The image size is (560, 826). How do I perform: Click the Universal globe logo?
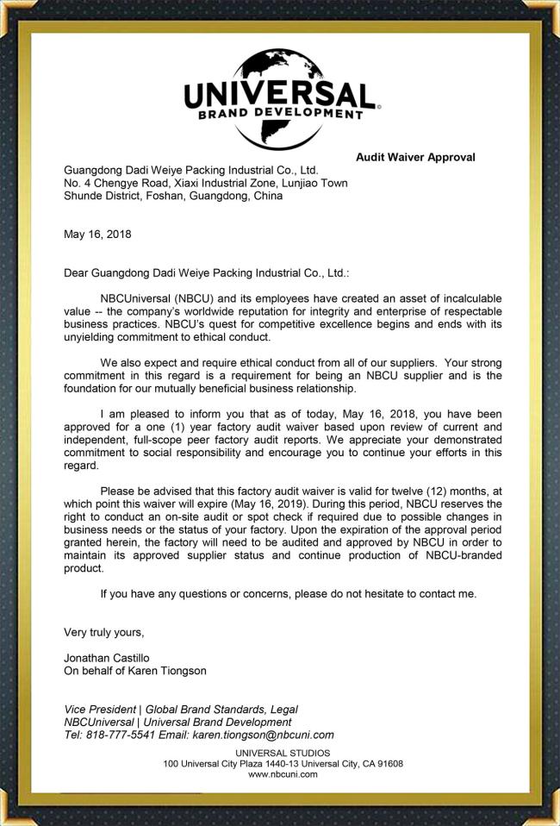(280, 97)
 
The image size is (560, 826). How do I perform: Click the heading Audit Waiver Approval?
(415, 157)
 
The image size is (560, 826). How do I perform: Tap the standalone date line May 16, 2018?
(98, 234)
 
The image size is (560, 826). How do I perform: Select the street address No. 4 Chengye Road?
(122, 183)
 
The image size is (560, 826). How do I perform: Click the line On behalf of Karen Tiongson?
(135, 671)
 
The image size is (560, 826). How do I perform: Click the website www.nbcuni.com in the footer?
(283, 774)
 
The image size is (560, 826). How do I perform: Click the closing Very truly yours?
(104, 632)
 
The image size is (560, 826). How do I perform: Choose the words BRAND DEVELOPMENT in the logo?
(280, 113)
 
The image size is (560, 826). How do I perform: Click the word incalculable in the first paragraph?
(463, 298)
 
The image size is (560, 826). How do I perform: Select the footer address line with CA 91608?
(283, 763)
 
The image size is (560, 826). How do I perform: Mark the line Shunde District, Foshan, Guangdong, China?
(173, 196)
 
